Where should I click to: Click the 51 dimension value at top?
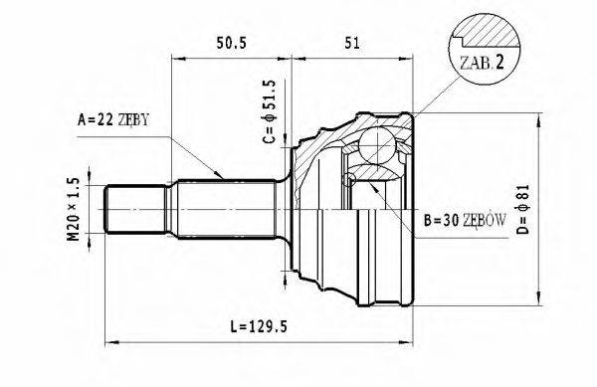coord(351,42)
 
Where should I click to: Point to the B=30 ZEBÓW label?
coord(465,220)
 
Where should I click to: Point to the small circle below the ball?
coord(348,180)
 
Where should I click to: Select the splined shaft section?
coord(227,210)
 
